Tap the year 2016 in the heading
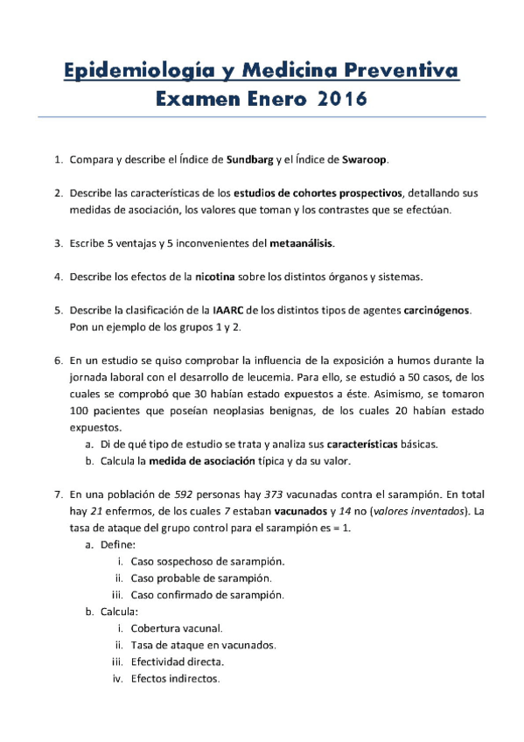(337, 101)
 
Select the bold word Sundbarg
(251, 160)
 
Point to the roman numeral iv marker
(116, 678)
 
